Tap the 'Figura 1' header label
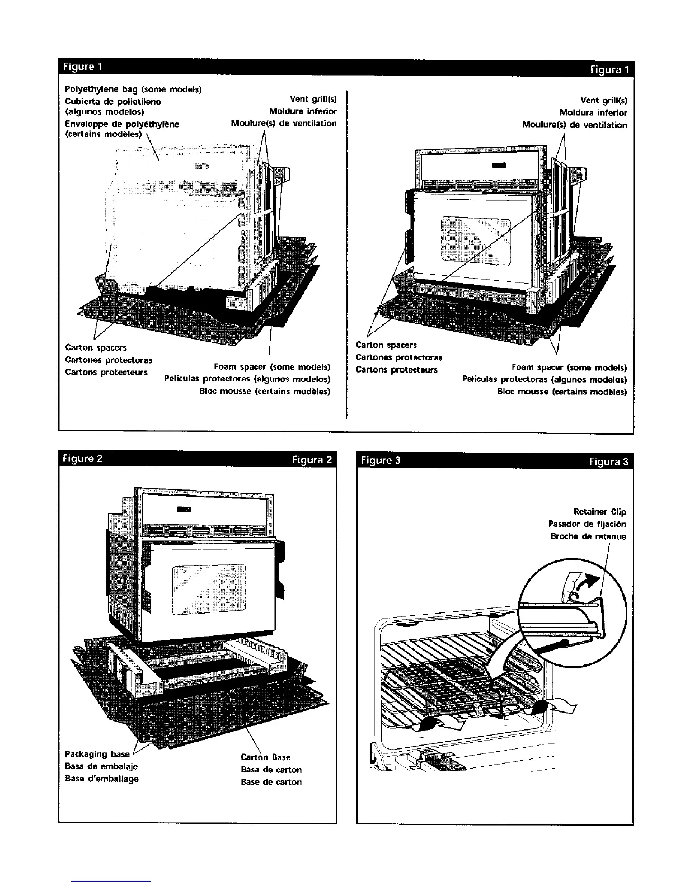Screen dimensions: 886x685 (x=609, y=70)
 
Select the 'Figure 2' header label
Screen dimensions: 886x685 (x=83, y=459)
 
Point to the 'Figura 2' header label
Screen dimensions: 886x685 (x=312, y=460)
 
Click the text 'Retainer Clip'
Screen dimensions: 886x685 (x=599, y=512)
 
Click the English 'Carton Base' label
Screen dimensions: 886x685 (x=265, y=757)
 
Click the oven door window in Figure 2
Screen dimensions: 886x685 (x=209, y=588)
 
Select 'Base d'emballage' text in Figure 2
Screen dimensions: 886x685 (x=102, y=779)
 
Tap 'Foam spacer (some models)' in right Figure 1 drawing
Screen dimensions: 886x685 (x=569, y=367)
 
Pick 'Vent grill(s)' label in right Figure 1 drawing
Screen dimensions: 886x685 (x=603, y=101)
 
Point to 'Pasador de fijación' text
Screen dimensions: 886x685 (x=587, y=524)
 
